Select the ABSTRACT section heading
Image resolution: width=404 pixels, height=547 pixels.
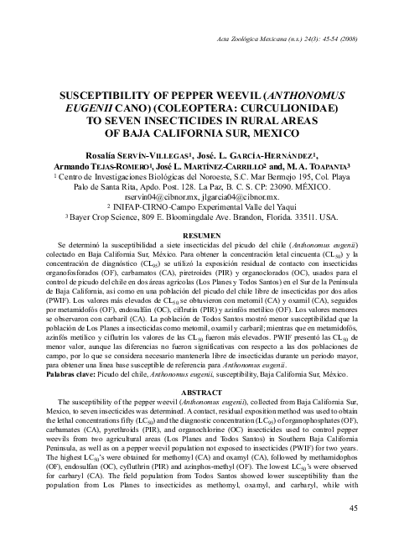pos(201,392)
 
